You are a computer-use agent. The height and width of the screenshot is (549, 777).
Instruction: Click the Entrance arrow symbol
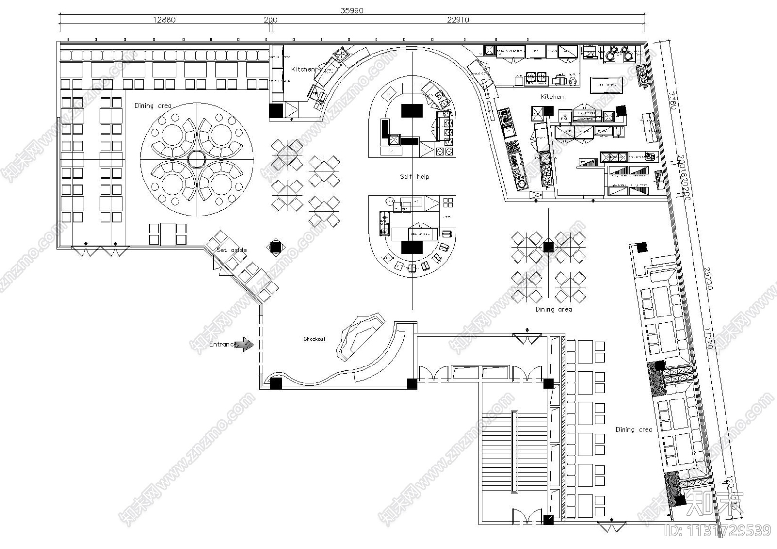point(245,345)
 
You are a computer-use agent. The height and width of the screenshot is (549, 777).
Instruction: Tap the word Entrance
point(222,344)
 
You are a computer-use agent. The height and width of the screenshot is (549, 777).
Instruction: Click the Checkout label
point(315,339)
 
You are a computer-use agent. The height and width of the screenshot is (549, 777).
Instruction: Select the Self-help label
point(414,176)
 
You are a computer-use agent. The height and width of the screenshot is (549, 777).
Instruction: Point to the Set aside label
point(232,250)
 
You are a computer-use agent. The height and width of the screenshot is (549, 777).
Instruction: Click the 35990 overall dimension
point(352,10)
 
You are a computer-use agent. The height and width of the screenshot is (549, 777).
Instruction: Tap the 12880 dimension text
point(164,20)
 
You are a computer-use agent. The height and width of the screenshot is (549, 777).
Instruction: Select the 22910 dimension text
point(457,20)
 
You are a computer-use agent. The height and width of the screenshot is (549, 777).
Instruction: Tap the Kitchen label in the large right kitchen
point(552,97)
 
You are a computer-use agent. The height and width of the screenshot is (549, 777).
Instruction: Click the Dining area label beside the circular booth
point(153,105)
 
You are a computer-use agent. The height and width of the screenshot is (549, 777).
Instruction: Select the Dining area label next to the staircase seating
point(634,429)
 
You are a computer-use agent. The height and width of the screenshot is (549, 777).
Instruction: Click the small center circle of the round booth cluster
point(197,159)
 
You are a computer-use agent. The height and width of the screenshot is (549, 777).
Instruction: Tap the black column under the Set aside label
point(275,248)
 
